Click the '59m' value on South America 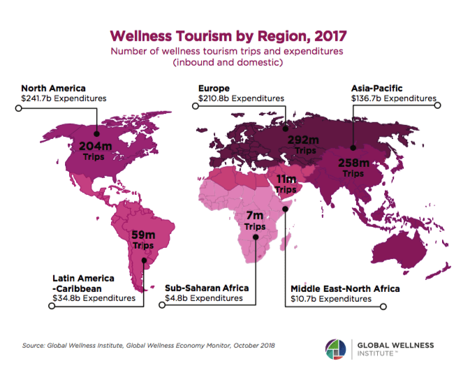[x=143, y=235]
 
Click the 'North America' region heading [x=53, y=88]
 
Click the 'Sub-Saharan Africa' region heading [x=207, y=288]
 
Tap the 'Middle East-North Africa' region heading [x=345, y=288]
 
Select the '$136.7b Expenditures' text [x=394, y=99]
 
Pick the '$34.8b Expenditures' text [x=94, y=298]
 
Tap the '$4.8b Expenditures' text [x=204, y=298]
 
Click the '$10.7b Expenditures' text [x=331, y=298]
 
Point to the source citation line [x=149, y=345]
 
